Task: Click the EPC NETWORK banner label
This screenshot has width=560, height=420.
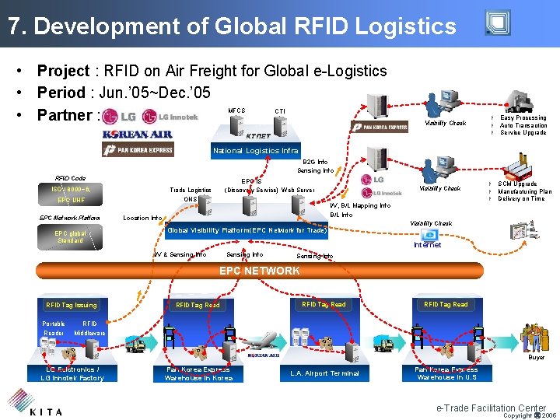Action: (x=259, y=271)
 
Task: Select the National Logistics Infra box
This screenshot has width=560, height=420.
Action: (x=256, y=151)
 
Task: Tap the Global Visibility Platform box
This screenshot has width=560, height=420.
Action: (x=247, y=230)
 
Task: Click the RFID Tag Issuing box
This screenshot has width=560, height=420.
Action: (x=72, y=305)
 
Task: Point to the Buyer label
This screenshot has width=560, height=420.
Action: (x=537, y=357)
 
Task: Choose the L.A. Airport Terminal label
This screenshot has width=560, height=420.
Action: (x=324, y=373)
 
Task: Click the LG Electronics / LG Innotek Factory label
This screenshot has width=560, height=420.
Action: (x=72, y=373)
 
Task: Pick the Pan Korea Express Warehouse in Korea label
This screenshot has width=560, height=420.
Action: (x=198, y=373)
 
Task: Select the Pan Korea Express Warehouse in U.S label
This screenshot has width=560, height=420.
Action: (x=446, y=373)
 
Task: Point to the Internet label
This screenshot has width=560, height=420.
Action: (x=427, y=245)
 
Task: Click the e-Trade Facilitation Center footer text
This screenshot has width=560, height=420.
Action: (x=491, y=408)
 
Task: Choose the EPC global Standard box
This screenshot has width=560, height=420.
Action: (x=71, y=236)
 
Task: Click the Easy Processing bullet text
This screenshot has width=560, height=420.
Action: (x=523, y=118)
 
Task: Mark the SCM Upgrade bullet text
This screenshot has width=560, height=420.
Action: (x=517, y=184)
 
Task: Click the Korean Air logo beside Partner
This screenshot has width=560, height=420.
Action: (x=137, y=134)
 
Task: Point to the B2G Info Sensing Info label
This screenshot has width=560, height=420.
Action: (x=315, y=166)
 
